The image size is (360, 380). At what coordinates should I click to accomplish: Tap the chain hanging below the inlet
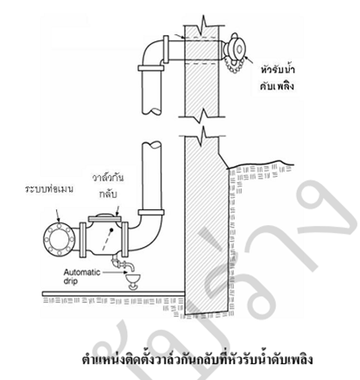(x=235, y=67)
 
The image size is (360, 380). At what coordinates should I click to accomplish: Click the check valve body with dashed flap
(x=104, y=237)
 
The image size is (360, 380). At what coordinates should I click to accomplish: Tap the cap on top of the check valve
(x=104, y=217)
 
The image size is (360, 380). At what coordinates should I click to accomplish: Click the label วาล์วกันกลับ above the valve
(x=108, y=186)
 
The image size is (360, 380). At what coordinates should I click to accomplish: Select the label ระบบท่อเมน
(x=49, y=189)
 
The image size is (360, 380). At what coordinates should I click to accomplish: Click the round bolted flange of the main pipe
(x=59, y=239)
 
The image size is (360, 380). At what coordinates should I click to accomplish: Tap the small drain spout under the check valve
(x=122, y=264)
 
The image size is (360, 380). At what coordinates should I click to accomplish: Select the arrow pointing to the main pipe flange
(x=58, y=215)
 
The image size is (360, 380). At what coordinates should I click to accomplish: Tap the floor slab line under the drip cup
(x=114, y=293)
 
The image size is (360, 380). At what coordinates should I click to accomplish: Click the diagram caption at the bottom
(x=197, y=359)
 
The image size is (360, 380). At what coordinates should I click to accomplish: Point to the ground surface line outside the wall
(x=260, y=164)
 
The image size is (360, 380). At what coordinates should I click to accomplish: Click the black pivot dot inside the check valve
(x=111, y=230)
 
